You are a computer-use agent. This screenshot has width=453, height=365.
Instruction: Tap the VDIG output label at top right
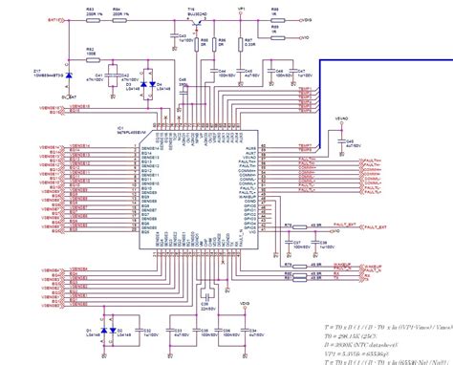[307, 18]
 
